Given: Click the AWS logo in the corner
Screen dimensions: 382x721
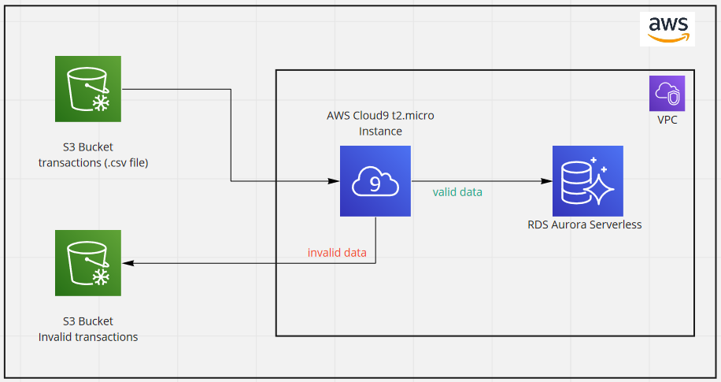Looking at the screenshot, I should point(667,28).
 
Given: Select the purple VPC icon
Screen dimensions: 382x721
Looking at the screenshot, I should point(667,94).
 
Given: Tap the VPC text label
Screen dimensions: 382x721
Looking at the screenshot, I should point(667,121).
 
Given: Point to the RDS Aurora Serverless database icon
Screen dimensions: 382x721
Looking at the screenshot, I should point(587,181).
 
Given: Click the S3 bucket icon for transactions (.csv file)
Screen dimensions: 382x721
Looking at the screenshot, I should point(88,89).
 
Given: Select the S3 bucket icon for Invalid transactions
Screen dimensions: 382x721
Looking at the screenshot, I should point(88,263).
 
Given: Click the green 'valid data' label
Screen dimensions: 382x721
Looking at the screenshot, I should point(457,192).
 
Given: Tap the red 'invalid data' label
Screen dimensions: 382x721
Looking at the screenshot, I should point(337,253).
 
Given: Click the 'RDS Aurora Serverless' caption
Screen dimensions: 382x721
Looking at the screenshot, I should point(584,224).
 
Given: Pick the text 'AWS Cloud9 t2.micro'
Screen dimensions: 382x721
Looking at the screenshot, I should point(380,115).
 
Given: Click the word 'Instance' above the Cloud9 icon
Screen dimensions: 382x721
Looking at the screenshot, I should point(380,132).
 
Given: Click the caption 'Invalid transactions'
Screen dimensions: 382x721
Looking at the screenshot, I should point(88,337).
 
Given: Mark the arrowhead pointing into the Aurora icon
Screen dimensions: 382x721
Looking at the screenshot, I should point(546,181).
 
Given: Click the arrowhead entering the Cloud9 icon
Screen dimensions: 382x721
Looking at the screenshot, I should point(334,181).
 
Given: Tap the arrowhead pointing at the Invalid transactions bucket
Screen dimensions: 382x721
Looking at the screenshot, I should point(128,263).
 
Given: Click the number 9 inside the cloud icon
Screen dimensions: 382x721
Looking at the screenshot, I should point(375,183).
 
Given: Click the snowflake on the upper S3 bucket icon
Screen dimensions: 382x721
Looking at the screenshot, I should point(101,102).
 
